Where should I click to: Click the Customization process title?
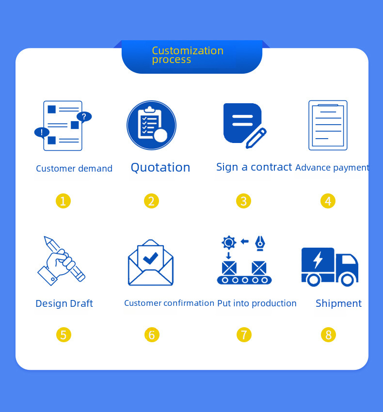tap(188, 55)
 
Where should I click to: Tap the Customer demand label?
tap(74, 169)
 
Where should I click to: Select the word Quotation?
tap(160, 168)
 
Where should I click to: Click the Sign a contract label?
tap(254, 167)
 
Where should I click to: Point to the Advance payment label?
tap(332, 168)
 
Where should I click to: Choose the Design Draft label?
tap(64, 303)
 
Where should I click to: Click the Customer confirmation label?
tap(169, 303)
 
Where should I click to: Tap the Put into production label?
tap(257, 303)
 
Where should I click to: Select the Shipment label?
tap(338, 303)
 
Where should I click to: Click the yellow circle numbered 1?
tap(63, 201)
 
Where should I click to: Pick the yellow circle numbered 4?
tap(328, 201)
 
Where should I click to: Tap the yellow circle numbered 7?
tap(244, 334)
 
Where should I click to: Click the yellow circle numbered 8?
tap(328, 334)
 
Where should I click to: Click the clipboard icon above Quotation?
tap(151, 125)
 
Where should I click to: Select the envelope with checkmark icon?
tap(151, 263)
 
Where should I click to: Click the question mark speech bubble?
tap(84, 117)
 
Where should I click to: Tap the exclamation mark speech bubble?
tap(42, 132)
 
